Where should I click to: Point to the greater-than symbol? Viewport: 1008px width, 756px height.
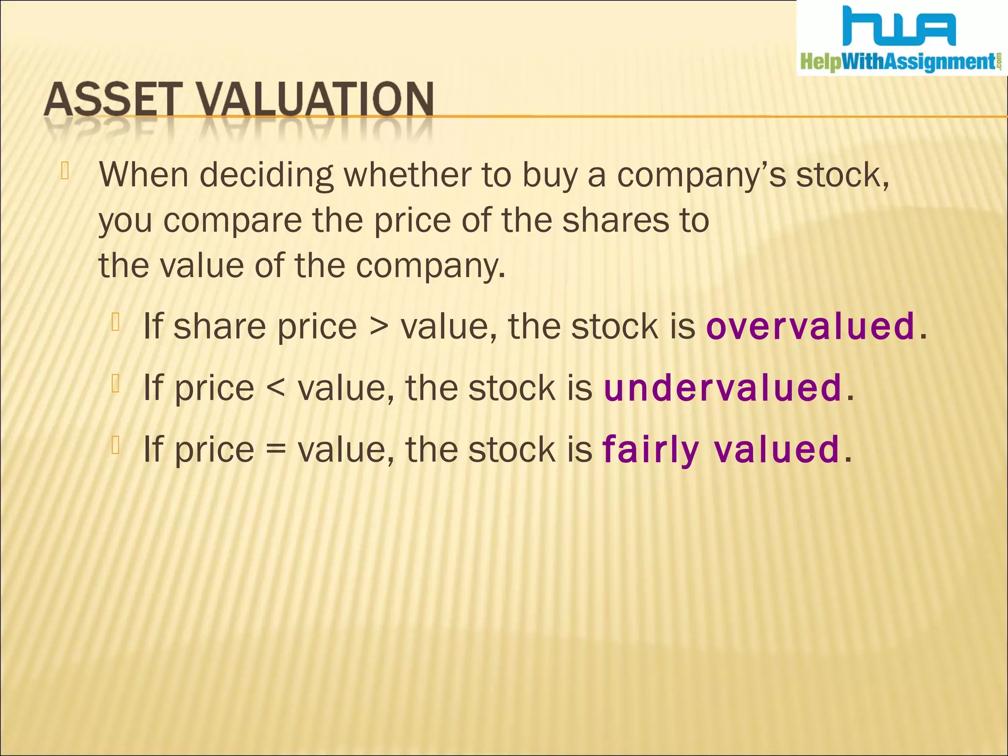tap(378, 327)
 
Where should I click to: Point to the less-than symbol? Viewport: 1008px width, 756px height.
tap(276, 389)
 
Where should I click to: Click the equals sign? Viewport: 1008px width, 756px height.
tap(276, 450)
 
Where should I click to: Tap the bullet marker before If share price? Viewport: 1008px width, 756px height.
tap(116, 322)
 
